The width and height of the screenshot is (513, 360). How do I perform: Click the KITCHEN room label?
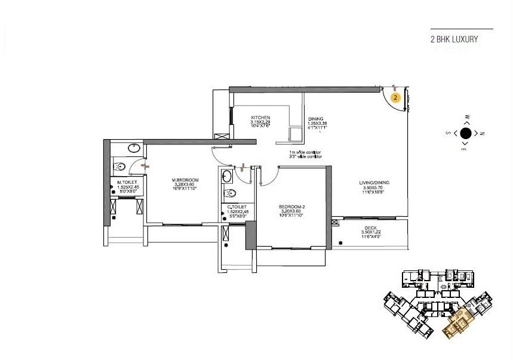[x=260, y=118]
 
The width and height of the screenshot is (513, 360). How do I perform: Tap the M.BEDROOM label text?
[x=185, y=180]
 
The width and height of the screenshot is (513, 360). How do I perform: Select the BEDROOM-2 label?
[x=291, y=207]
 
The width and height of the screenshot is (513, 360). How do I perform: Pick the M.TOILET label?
[x=127, y=181]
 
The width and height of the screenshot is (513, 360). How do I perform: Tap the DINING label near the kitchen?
[x=315, y=119]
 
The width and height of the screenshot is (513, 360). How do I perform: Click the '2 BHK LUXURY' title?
[x=454, y=40]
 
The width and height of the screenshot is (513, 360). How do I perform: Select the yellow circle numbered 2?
[x=395, y=96]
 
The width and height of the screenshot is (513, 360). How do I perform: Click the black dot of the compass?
[x=466, y=133]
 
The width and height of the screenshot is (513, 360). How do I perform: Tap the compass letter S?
[x=449, y=134]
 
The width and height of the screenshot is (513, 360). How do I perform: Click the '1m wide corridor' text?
[x=305, y=152]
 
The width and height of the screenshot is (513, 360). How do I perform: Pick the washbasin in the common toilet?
[x=228, y=176]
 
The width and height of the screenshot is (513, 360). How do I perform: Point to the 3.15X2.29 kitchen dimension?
[x=260, y=122]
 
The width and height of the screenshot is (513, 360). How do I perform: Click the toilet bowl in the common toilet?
[x=229, y=193]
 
